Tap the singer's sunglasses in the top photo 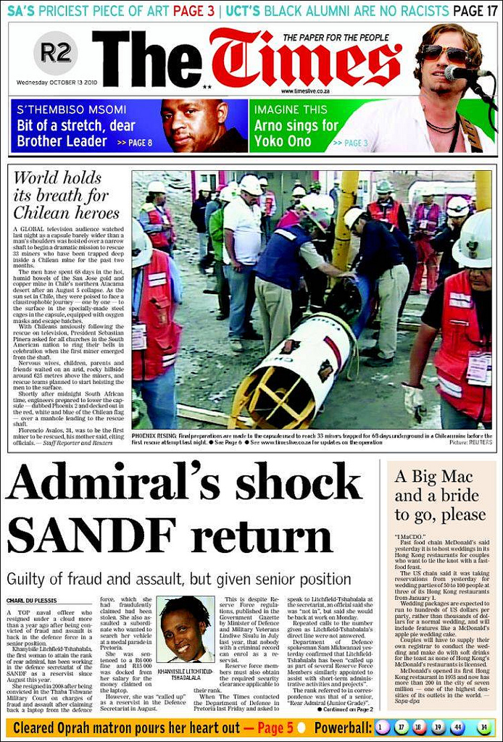(444, 54)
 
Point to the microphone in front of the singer (464, 72)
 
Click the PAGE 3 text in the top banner (194, 10)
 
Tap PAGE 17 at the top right (475, 10)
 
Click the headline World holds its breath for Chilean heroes (66, 195)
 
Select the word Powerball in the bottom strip (342, 728)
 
